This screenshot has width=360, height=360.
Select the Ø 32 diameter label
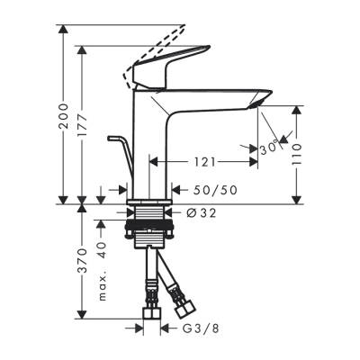tap(203, 212)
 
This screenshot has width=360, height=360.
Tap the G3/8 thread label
tap(195, 328)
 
